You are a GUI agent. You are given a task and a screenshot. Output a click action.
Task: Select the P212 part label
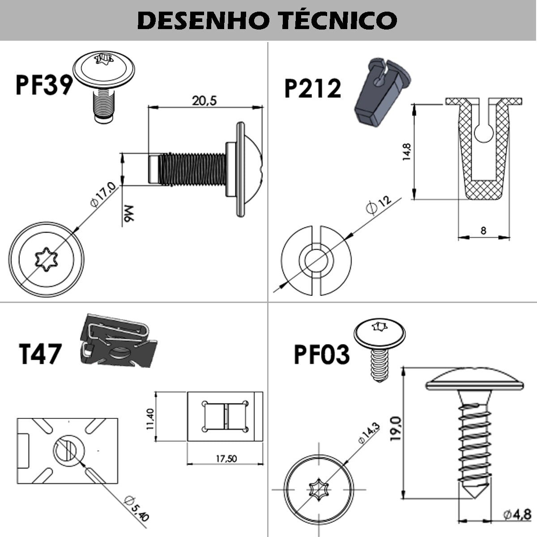tap(312, 88)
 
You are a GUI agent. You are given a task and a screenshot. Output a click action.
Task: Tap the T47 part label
tap(40, 354)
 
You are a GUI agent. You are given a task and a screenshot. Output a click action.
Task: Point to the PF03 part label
tap(321, 354)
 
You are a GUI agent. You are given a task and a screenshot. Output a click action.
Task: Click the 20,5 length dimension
tap(204, 101)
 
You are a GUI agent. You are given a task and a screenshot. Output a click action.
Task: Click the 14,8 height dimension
tap(406, 152)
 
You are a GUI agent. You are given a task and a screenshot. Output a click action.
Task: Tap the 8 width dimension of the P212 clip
tap(483, 230)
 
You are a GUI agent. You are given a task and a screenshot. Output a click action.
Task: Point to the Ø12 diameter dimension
tap(378, 205)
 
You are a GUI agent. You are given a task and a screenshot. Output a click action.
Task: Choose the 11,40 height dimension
tap(150, 419)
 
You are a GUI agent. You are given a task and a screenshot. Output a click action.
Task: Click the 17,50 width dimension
tap(226, 459)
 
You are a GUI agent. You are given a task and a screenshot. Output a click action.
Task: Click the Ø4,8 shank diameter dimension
tap(517, 515)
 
